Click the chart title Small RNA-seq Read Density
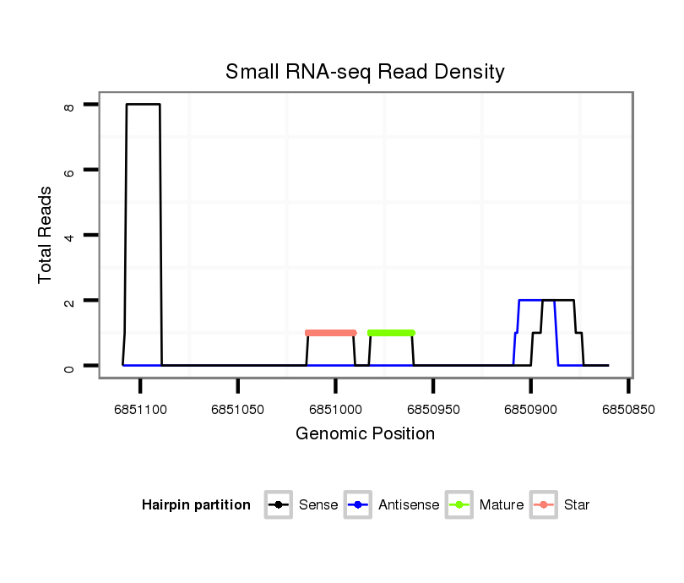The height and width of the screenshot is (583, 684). click(365, 72)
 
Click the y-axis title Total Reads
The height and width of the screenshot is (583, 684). click(46, 234)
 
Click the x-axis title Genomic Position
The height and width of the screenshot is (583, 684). click(365, 434)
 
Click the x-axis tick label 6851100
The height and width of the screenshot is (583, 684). click(141, 410)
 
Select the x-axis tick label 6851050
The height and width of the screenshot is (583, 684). click(238, 410)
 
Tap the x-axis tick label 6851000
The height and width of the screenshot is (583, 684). click(335, 410)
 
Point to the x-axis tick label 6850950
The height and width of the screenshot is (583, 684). click(433, 410)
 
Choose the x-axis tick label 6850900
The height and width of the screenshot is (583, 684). click(530, 410)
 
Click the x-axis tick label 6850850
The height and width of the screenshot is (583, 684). click(628, 410)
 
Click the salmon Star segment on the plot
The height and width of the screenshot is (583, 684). click(330, 333)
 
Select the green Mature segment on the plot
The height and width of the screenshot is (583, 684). click(391, 333)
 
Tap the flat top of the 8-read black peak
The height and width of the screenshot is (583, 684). click(144, 105)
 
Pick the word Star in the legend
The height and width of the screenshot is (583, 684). click(578, 505)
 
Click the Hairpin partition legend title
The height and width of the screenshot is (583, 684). click(196, 505)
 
